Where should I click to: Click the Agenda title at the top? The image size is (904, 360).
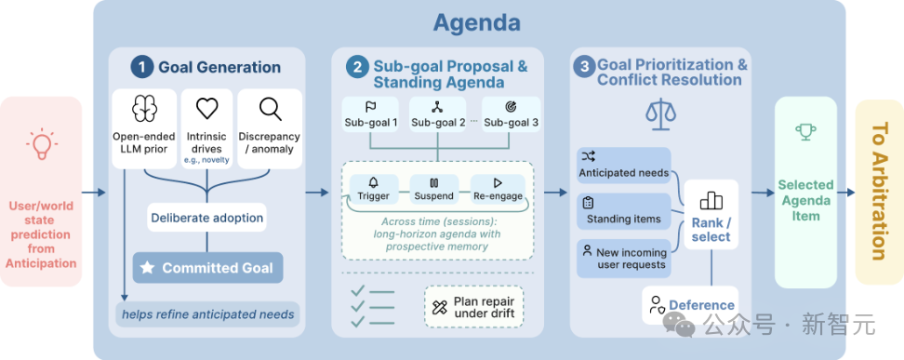[477, 23]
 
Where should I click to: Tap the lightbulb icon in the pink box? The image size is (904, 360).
[42, 144]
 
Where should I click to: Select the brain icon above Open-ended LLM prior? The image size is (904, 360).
[144, 109]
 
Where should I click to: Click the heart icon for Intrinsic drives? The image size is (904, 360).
[207, 109]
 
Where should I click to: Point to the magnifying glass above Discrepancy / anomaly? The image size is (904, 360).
[270, 109]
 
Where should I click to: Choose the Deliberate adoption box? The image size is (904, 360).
[207, 218]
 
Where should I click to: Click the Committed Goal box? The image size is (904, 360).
[208, 268]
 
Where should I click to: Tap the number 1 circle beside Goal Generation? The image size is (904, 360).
[141, 67]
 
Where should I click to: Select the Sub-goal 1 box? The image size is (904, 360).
[371, 114]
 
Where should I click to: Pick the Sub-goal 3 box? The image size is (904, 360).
[512, 114]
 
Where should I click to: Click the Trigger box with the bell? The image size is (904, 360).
[374, 190]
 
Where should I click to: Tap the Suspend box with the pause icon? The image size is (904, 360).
[434, 190]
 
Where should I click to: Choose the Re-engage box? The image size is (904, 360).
[499, 190]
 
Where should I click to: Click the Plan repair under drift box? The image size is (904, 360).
[474, 307]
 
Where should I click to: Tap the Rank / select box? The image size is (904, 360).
[711, 215]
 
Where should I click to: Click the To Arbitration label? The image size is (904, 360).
[879, 192]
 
